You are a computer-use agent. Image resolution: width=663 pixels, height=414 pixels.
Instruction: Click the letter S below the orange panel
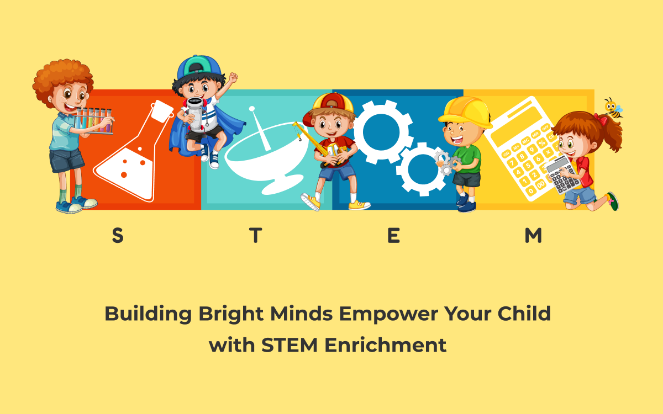point(117,236)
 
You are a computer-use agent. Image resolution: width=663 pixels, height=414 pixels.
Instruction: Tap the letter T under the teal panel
point(255,236)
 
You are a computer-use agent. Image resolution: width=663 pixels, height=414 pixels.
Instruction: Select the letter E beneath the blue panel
point(393,236)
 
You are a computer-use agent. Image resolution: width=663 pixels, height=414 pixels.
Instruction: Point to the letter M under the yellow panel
point(533,236)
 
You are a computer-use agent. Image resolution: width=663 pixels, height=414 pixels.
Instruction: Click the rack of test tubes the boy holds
point(94,120)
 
